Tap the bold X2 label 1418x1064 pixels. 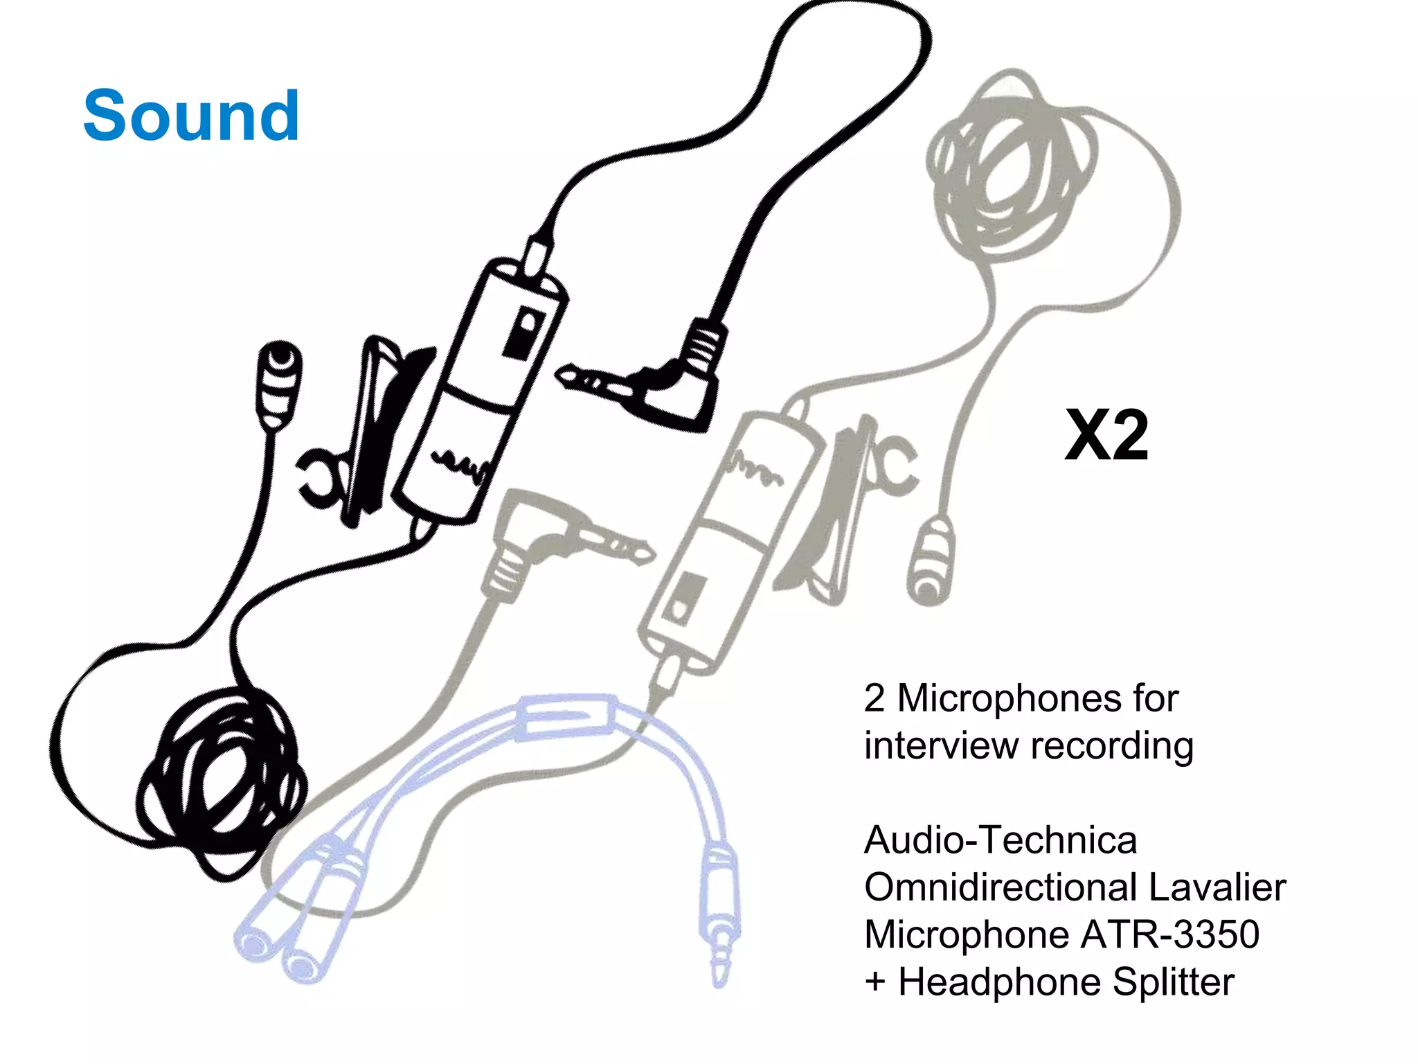tap(1106, 436)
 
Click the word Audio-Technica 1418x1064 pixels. tap(1000, 840)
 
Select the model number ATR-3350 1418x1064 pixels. tap(1169, 934)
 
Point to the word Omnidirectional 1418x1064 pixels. tap(1002, 887)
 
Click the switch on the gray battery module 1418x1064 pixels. tap(685, 599)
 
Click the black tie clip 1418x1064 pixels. tap(374, 429)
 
